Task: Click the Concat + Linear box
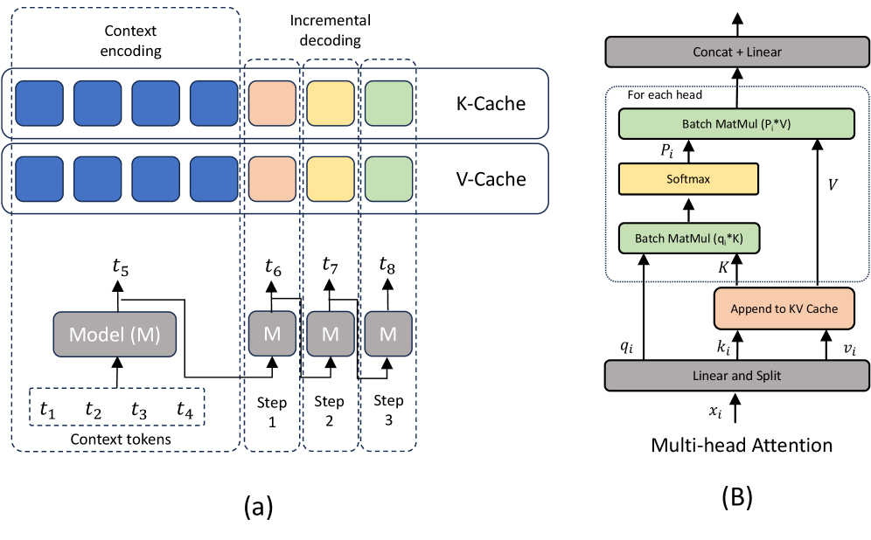[739, 52]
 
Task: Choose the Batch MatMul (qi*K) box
[687, 237]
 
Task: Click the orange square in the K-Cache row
[273, 104]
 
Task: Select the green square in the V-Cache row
[388, 179]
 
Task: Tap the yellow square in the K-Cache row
[331, 104]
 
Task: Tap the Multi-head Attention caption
[742, 445]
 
